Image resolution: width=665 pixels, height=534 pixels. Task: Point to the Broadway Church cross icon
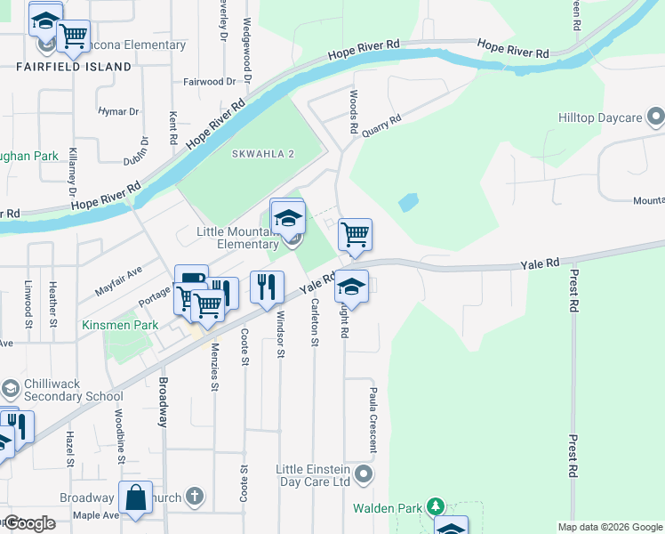tap(195, 498)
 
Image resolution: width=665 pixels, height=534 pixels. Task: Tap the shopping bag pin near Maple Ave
tap(136, 499)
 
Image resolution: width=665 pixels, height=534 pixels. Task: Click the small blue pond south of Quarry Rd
tap(408, 203)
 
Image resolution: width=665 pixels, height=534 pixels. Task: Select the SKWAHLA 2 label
tap(262, 154)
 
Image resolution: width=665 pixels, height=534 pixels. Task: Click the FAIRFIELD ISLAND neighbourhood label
tap(74, 67)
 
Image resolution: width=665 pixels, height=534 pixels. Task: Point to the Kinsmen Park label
tap(120, 325)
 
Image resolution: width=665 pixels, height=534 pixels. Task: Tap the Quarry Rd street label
tap(381, 121)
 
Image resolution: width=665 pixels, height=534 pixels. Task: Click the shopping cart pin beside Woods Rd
tap(355, 235)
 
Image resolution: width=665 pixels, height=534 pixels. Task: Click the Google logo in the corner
tap(28, 523)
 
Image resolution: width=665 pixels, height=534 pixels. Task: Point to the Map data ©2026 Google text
tap(609, 527)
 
